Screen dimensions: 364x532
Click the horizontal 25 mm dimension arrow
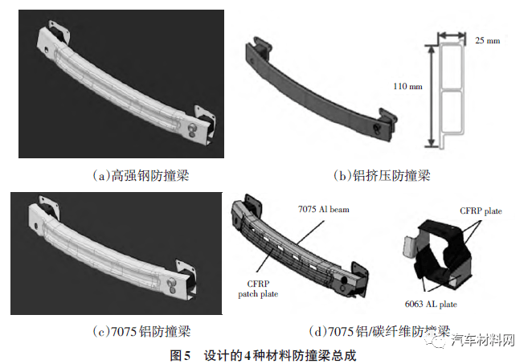pos(452,34)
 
